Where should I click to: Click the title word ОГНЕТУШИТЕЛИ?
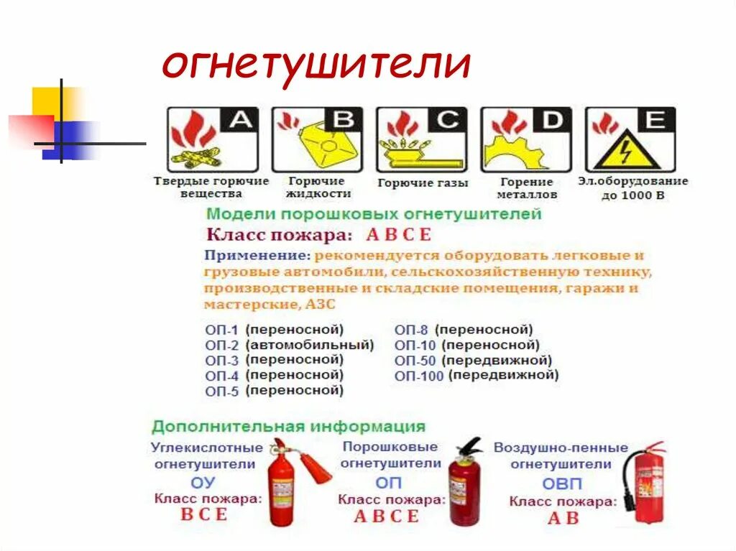point(316,65)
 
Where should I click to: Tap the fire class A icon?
point(211,139)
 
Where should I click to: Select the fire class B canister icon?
point(316,139)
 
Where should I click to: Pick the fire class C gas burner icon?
point(421,139)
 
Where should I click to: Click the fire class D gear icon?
point(525,139)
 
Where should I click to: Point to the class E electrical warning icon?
point(630,139)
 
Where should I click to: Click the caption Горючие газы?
point(423,183)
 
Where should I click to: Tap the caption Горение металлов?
point(527,188)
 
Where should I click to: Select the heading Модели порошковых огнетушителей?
point(374,214)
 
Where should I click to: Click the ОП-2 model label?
point(221,346)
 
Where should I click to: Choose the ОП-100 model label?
point(419,376)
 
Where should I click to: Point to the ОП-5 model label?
point(221,392)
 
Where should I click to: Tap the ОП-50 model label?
point(415,361)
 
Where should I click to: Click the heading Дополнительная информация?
point(288,426)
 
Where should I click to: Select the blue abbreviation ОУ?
point(203,483)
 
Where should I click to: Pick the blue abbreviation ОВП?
point(561,483)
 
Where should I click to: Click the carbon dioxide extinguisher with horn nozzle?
point(287,481)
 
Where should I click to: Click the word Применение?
point(257,255)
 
